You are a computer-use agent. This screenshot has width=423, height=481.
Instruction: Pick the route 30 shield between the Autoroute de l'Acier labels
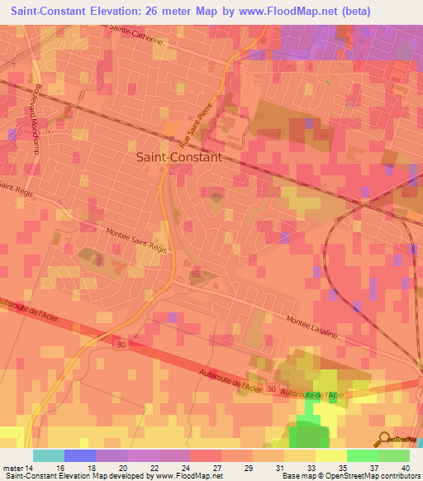272,390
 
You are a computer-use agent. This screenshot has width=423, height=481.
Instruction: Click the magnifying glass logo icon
385,439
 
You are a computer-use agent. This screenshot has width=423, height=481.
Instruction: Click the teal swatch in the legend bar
49,455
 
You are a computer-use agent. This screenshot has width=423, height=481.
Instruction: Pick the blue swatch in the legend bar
80,455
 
